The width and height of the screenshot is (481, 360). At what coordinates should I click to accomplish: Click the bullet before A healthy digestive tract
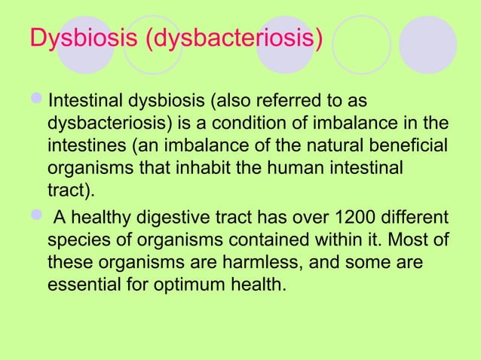(38, 219)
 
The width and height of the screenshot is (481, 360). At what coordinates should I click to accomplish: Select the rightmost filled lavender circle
(427, 44)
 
